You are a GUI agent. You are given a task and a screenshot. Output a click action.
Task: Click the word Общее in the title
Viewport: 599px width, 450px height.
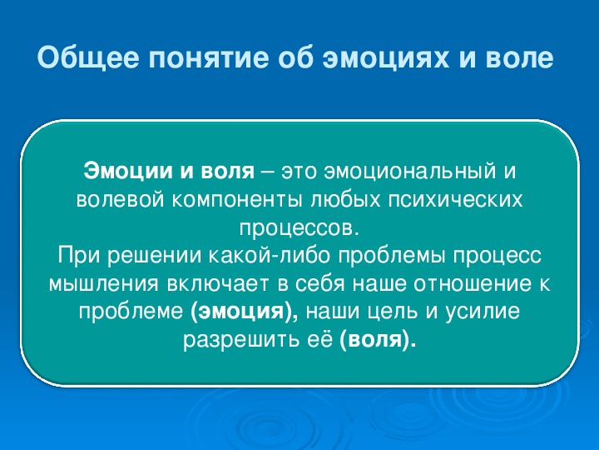[88, 57]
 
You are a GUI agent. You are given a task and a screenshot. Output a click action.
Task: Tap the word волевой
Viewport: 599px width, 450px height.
[120, 199]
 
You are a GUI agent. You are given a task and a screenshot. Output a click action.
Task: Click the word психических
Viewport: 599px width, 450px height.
[455, 199]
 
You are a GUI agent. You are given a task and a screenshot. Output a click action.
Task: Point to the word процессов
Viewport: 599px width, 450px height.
[299, 228]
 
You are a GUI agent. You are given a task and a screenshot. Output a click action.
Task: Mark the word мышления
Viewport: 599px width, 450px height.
[103, 284]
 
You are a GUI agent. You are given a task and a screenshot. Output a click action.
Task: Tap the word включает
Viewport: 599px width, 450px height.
[218, 284]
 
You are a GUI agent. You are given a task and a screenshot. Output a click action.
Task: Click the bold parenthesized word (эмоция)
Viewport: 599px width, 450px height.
[243, 311]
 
